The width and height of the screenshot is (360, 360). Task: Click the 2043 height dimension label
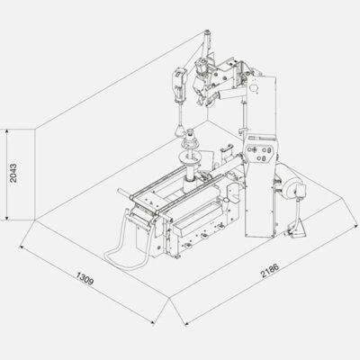coord(13,173)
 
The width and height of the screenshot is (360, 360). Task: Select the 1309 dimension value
coord(85,278)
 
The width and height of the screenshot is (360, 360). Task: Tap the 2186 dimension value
coord(270,270)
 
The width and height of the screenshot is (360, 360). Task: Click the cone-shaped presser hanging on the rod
coord(180,130)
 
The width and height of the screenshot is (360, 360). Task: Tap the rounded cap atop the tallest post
coord(206,31)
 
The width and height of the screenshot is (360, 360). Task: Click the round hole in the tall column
coord(254,87)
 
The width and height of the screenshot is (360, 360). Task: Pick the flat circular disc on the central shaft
coord(190,156)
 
